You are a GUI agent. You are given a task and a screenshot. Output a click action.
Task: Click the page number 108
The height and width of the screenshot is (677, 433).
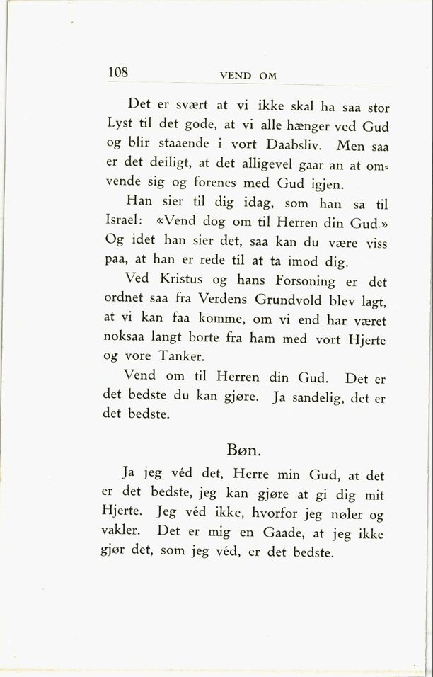point(117,72)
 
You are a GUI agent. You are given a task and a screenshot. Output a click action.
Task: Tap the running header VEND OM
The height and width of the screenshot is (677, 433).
point(248,76)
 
